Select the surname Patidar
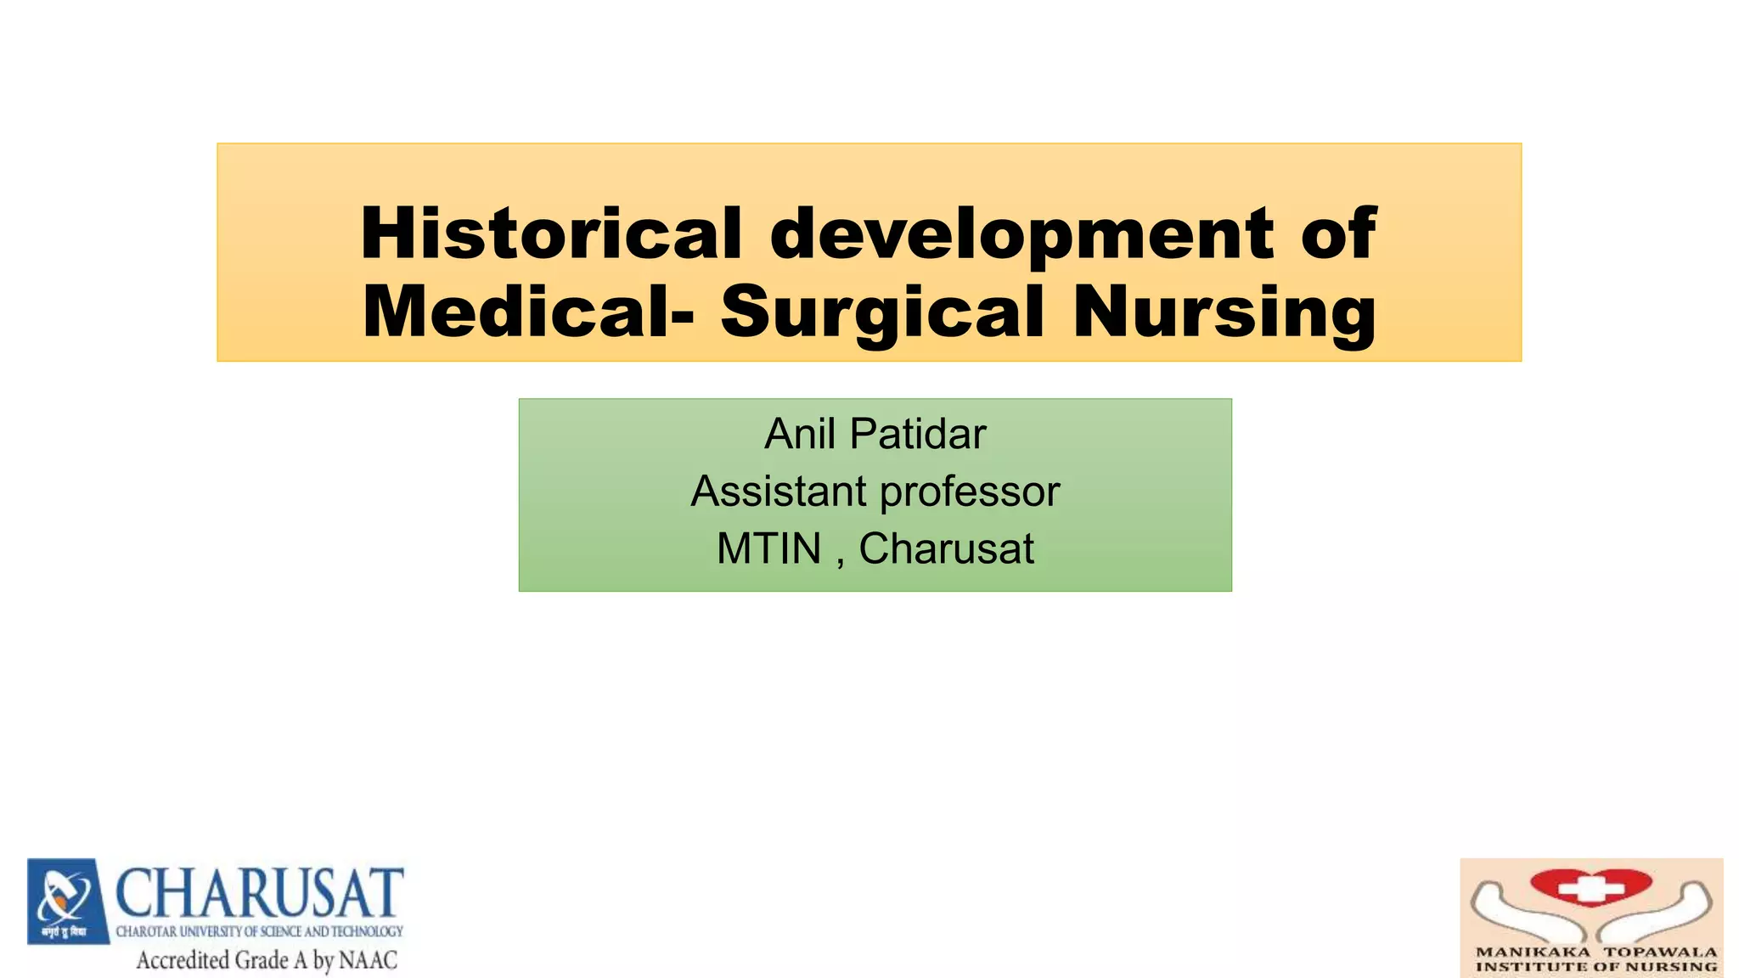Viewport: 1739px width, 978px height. click(x=918, y=434)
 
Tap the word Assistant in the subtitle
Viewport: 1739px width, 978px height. click(x=779, y=492)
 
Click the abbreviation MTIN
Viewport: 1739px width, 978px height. click(x=768, y=548)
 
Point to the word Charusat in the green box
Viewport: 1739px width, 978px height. click(x=946, y=548)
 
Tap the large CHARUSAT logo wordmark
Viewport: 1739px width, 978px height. click(x=259, y=894)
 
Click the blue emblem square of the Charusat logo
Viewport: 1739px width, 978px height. click(x=68, y=900)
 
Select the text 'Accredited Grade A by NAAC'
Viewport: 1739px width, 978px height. click(x=267, y=960)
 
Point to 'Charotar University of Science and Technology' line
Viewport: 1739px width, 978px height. click(x=259, y=931)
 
